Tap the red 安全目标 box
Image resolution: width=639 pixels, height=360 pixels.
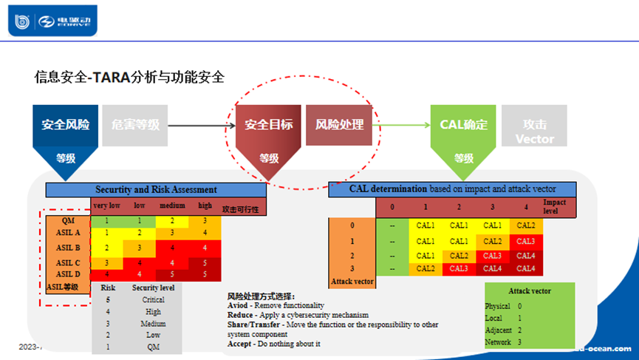tap(268, 124)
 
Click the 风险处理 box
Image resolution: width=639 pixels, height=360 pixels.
tap(339, 124)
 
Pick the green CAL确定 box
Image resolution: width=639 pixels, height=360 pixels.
tap(463, 124)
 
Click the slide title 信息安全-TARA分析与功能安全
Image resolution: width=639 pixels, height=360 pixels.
tap(129, 76)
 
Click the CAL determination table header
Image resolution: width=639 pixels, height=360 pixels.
tap(453, 189)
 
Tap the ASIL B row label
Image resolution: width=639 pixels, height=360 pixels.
tap(67, 248)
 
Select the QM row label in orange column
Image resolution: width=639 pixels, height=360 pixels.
tap(67, 220)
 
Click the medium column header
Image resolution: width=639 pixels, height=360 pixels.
tap(172, 206)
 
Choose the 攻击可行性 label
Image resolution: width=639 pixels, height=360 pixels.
tap(240, 210)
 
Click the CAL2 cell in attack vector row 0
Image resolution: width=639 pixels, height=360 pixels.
tap(527, 225)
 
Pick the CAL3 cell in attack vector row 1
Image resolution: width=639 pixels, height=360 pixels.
tap(527, 240)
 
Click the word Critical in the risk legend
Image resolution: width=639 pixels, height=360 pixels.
tap(153, 300)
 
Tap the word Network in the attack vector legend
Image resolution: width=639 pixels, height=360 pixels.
tap(497, 342)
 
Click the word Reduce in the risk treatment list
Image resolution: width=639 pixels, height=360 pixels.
tap(242, 315)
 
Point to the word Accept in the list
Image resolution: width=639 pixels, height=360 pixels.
tap(241, 344)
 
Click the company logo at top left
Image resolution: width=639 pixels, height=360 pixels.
tap(52, 21)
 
